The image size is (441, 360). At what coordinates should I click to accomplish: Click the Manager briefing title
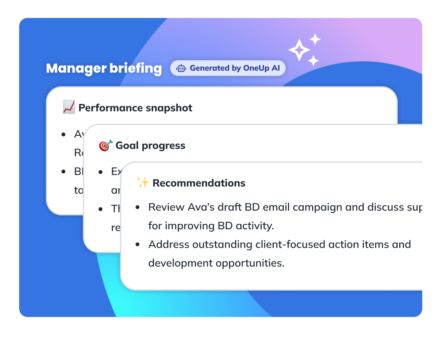[104, 68]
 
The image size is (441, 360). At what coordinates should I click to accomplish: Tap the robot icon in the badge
[181, 68]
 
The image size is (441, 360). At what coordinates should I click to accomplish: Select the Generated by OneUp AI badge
[228, 68]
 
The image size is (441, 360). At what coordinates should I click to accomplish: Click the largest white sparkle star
[299, 50]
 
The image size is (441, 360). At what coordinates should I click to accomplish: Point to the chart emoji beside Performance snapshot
[68, 107]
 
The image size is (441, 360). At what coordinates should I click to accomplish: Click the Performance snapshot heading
[135, 108]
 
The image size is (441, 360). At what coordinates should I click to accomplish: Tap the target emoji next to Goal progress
[106, 145]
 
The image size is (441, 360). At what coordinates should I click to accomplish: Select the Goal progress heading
[150, 145]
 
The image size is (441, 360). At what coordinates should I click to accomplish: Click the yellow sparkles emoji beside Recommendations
[143, 183]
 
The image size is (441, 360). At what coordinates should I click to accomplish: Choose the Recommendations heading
[199, 183]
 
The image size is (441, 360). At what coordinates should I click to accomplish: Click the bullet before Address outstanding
[138, 245]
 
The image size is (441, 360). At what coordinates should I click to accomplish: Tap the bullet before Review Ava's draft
[138, 208]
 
